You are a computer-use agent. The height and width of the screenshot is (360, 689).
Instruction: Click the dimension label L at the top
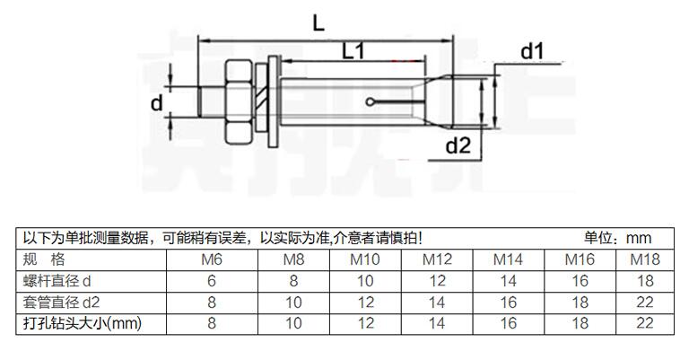click(318, 24)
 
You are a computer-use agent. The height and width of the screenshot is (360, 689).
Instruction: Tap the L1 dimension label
click(353, 53)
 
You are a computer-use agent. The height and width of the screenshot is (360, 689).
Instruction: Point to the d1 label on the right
click(533, 52)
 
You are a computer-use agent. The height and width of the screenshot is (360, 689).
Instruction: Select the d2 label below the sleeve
click(458, 145)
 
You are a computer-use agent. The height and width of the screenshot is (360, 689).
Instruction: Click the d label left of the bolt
click(157, 103)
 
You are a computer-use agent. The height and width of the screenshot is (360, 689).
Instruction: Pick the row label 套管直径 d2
click(61, 302)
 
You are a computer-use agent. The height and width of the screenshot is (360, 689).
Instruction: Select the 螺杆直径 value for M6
click(212, 281)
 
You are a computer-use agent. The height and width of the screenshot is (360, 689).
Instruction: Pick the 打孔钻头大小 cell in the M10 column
click(364, 322)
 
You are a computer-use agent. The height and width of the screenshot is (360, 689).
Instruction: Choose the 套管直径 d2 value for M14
click(508, 302)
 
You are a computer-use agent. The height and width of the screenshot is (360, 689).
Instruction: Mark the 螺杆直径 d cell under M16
click(578, 281)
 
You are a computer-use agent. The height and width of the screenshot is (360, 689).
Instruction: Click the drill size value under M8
click(292, 322)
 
